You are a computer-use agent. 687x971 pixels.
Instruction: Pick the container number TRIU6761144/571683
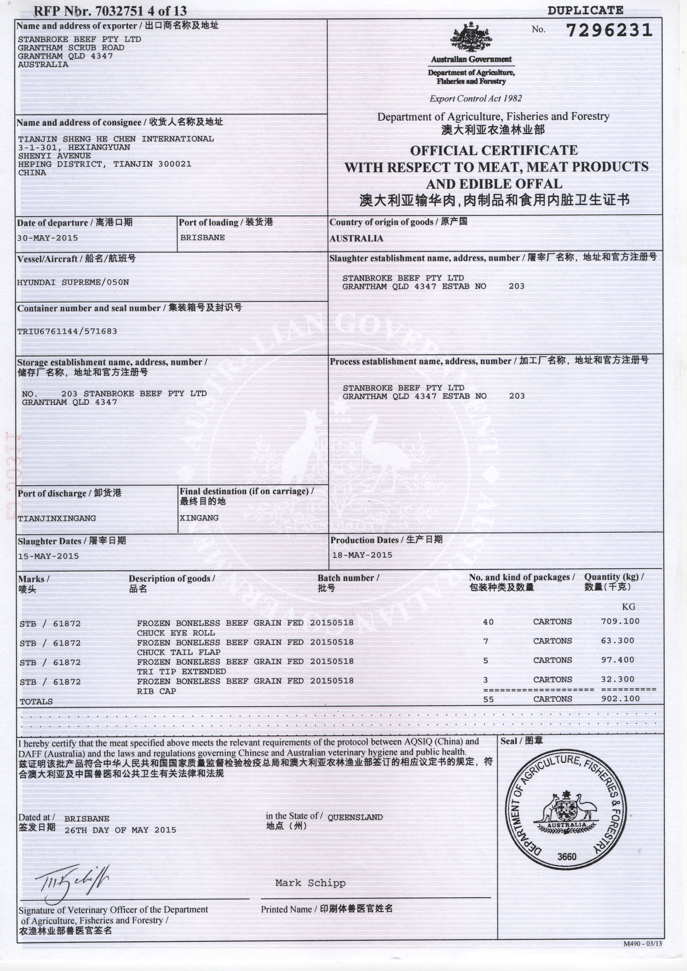(x=67, y=331)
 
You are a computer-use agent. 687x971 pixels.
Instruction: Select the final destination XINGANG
(x=199, y=518)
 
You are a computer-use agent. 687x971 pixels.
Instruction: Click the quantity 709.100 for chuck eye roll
(x=620, y=621)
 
